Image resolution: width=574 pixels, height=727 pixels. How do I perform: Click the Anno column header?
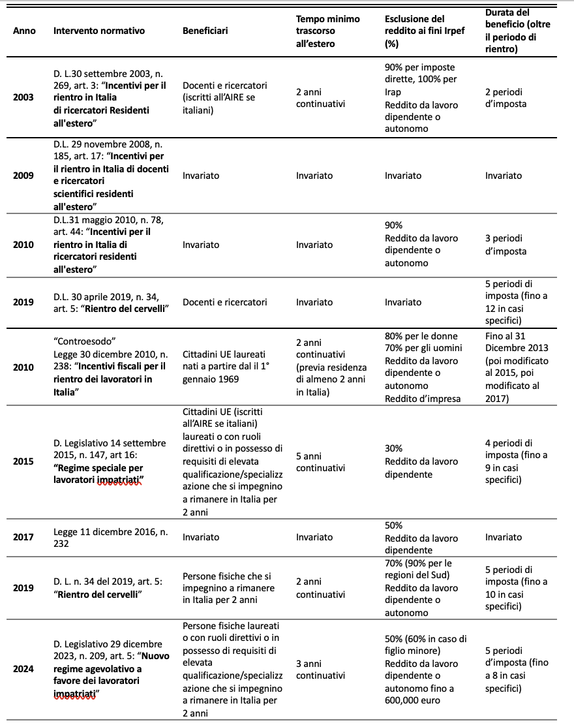click(24, 31)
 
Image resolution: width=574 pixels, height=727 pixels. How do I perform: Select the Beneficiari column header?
click(205, 31)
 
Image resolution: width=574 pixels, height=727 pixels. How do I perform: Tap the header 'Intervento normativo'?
click(99, 31)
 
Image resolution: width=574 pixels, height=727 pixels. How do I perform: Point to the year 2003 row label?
click(24, 98)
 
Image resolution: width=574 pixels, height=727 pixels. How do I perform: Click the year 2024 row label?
click(24, 668)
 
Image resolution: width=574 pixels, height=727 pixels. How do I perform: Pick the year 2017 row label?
click(24, 537)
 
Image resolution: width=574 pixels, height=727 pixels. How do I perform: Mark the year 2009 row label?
click(24, 176)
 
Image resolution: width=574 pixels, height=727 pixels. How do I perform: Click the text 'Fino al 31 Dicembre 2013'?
click(517, 342)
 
